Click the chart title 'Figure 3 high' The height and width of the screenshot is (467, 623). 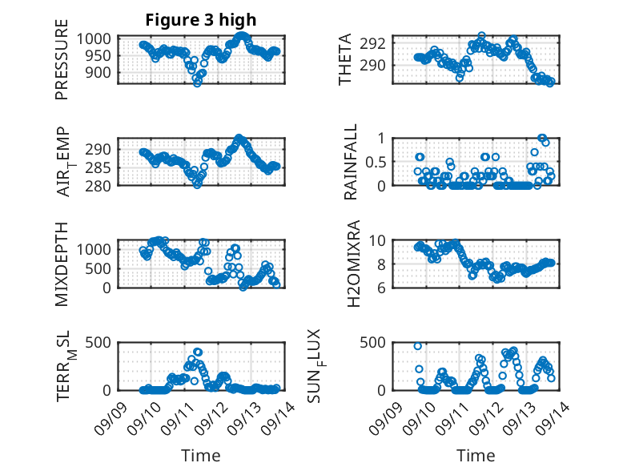(x=200, y=20)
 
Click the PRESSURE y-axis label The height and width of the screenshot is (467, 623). (x=62, y=65)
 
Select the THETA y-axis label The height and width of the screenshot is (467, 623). (x=345, y=59)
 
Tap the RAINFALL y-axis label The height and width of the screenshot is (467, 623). (x=350, y=161)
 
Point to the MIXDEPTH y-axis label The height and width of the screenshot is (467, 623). (x=62, y=264)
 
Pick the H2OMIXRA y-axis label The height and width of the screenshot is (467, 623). (x=350, y=264)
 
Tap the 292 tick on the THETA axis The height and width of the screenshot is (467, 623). (x=376, y=43)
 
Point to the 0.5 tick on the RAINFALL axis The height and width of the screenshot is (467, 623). (x=377, y=162)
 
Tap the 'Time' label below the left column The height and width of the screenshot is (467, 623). (x=200, y=456)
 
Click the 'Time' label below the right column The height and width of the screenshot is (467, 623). (x=476, y=456)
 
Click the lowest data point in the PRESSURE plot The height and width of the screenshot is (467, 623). (x=197, y=83)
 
